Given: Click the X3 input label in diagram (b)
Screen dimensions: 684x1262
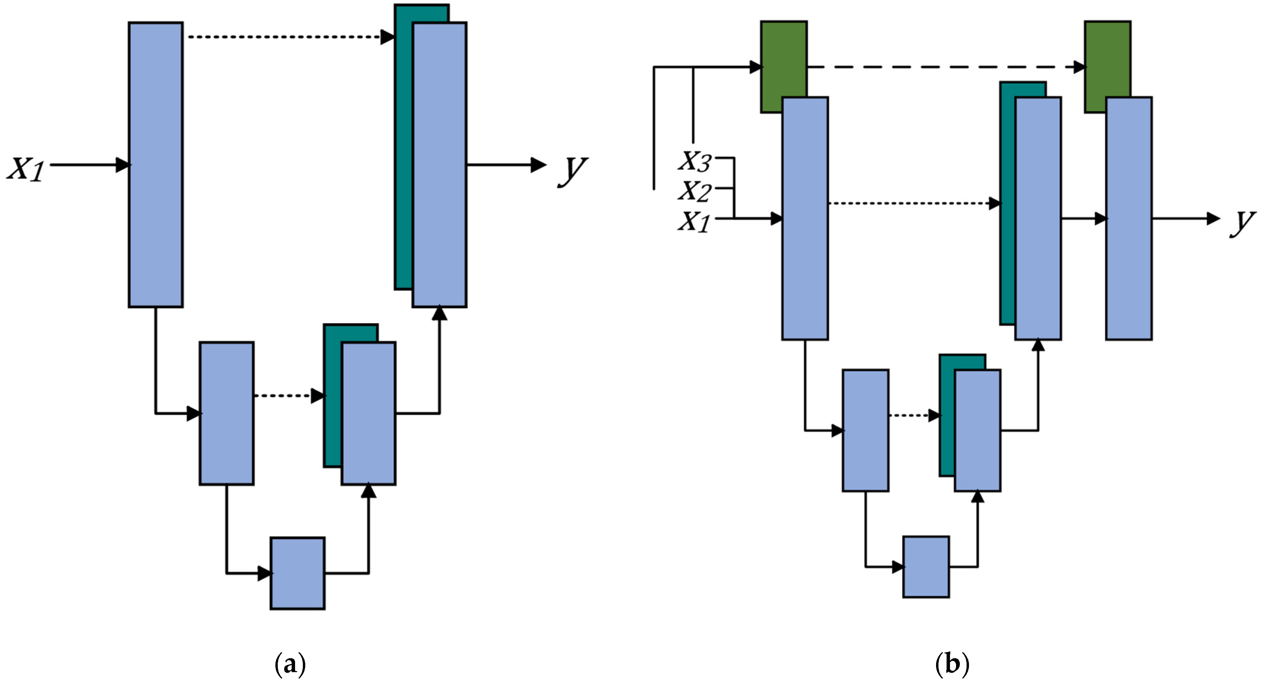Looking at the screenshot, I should click(695, 161).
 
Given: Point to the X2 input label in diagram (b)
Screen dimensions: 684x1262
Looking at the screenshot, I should click(695, 191).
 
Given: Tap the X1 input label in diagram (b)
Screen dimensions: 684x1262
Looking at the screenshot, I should click(695, 221).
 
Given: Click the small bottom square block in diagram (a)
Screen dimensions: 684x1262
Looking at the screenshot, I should click(297, 573).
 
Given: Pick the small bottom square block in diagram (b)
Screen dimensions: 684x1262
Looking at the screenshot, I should click(926, 566).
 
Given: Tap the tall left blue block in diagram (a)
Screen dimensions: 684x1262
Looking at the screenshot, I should click(156, 165).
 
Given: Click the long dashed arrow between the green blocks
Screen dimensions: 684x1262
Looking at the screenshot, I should click(946, 67).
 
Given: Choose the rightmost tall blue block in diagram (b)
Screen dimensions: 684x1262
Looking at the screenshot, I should click(1129, 218).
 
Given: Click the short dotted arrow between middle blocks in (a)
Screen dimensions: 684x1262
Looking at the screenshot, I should click(287, 395).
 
